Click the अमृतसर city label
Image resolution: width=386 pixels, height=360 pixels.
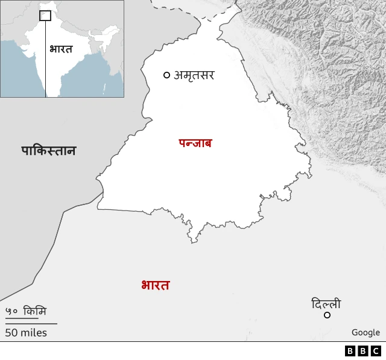click(x=194, y=75)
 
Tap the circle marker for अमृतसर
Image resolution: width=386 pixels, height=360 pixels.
click(x=166, y=75)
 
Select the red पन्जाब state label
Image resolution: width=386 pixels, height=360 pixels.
click(x=195, y=144)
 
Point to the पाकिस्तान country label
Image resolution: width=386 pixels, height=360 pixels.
click(x=49, y=151)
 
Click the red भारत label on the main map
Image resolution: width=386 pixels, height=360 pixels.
click(x=155, y=285)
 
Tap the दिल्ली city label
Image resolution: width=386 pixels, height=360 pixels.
click(x=326, y=304)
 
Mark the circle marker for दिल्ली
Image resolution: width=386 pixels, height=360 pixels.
click(x=327, y=315)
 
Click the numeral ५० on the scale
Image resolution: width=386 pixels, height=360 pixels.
click(x=11, y=311)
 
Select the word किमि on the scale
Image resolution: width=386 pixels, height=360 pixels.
click(x=34, y=311)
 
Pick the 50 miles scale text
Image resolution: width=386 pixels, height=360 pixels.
click(x=26, y=332)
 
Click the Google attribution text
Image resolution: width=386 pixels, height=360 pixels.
click(x=365, y=332)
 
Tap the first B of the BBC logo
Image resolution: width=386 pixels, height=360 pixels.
click(x=350, y=350)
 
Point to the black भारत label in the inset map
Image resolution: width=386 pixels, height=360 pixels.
click(x=61, y=49)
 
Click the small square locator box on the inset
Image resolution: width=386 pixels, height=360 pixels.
click(x=45, y=16)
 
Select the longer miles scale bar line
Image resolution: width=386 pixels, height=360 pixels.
click(x=31, y=324)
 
